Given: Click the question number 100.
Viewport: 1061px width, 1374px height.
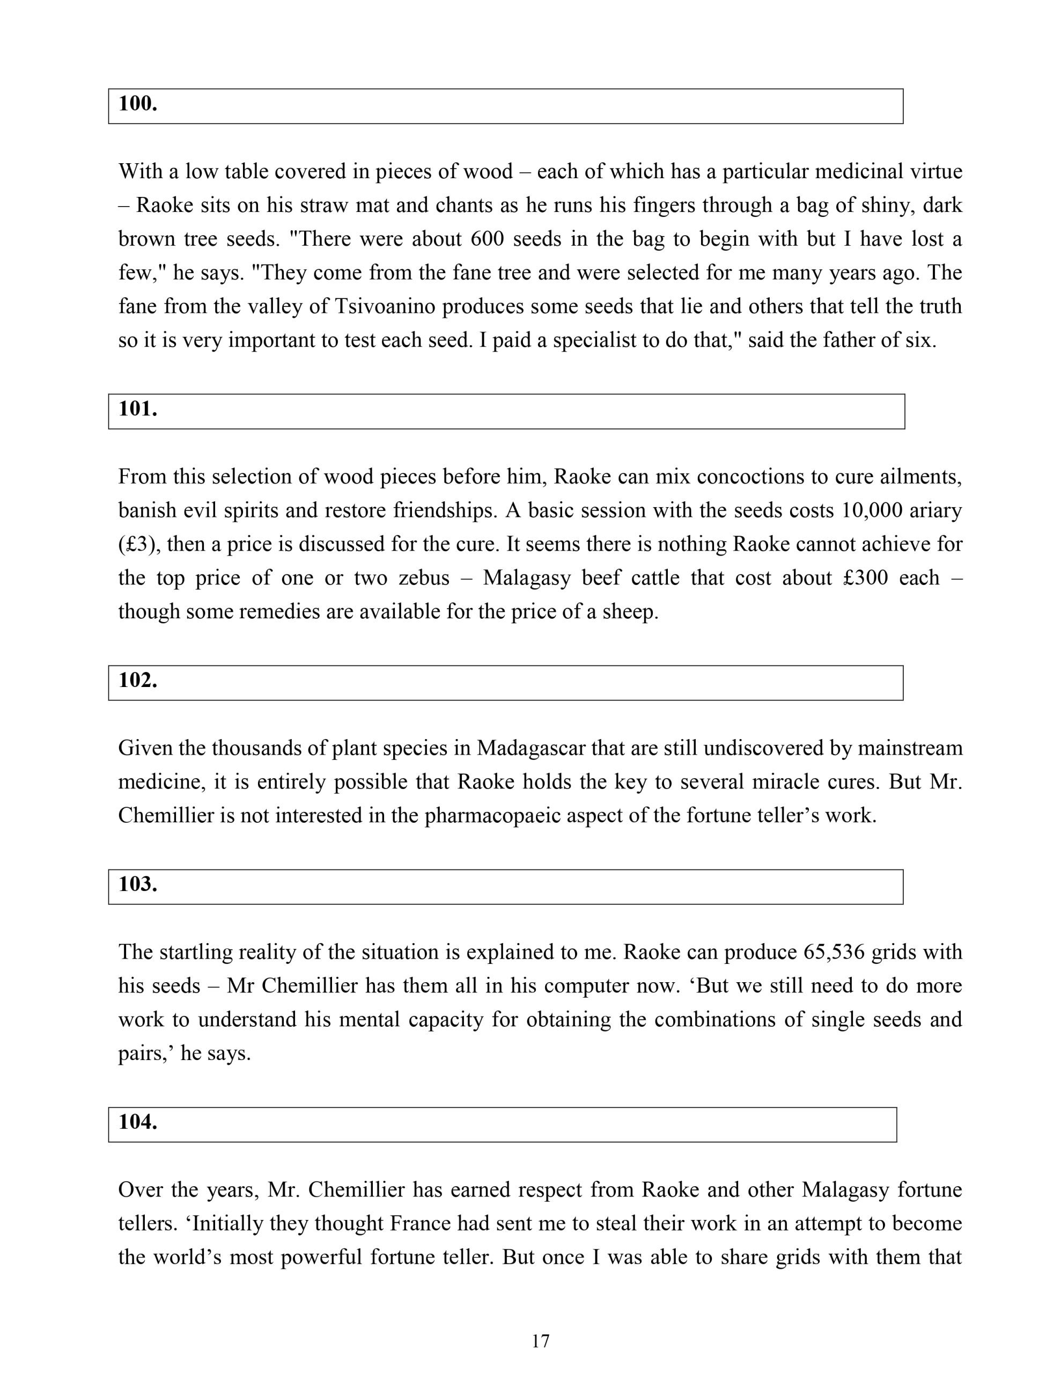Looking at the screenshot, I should [x=138, y=104].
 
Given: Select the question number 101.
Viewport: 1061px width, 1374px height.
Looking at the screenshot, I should [x=138, y=409].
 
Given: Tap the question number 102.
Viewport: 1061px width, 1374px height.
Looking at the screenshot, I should [x=138, y=680].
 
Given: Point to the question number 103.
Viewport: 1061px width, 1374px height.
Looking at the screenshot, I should [x=138, y=884].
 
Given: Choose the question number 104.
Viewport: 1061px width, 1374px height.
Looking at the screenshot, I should [x=138, y=1122].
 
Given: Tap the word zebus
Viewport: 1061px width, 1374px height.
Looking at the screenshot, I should [x=424, y=578].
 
